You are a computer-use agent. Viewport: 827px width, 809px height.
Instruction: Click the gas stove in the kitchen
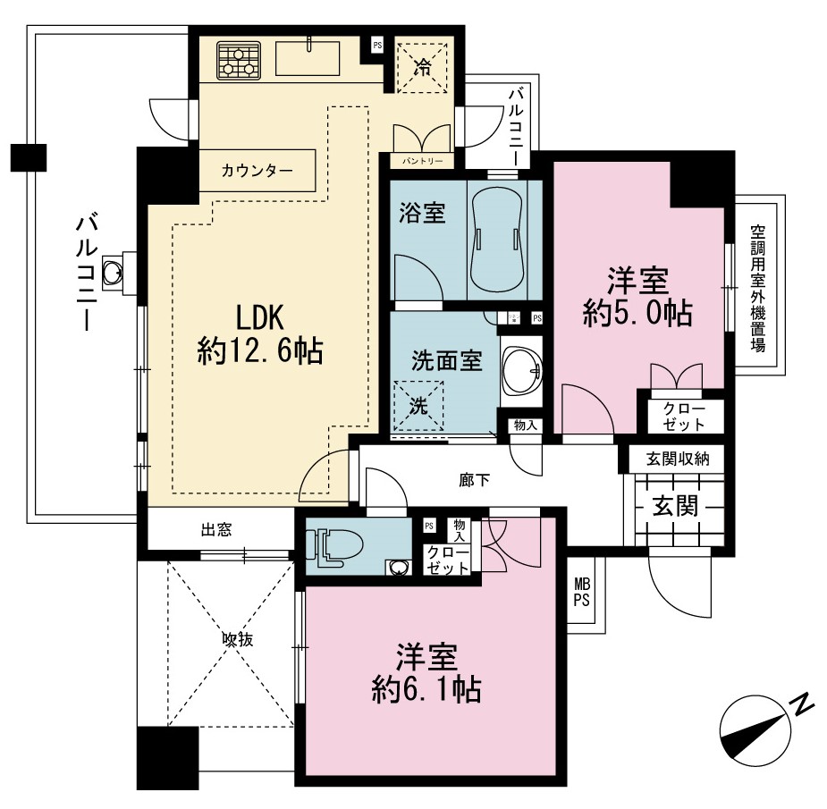pyautogui.click(x=239, y=60)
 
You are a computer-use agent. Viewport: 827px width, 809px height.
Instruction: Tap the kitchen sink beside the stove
pyautogui.click(x=308, y=58)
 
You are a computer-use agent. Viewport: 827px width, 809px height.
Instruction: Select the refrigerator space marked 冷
pyautogui.click(x=422, y=68)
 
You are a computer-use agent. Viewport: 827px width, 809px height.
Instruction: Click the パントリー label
pyautogui.click(x=422, y=160)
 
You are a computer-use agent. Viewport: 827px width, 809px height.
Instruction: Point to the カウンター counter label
pyautogui.click(x=257, y=171)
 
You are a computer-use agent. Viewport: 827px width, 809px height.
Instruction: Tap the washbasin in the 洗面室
pyautogui.click(x=521, y=370)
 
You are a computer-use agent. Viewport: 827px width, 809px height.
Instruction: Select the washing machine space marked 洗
pyautogui.click(x=419, y=406)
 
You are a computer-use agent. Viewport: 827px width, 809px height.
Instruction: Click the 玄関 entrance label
pyautogui.click(x=676, y=506)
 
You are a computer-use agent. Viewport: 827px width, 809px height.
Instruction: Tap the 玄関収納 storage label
pyautogui.click(x=678, y=459)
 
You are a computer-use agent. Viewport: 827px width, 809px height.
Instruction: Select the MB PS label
pyautogui.click(x=582, y=593)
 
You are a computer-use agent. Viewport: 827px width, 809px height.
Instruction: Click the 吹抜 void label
pyautogui.click(x=237, y=639)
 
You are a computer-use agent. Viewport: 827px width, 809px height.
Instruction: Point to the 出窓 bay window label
pyautogui.click(x=216, y=529)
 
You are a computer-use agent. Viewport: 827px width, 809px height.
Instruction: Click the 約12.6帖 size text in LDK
pyautogui.click(x=259, y=350)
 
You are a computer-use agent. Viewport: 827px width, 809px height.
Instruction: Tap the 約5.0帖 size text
pyautogui.click(x=637, y=313)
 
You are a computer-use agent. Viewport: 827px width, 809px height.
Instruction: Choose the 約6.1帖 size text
pyautogui.click(x=426, y=688)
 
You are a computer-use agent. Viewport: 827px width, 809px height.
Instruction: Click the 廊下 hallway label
pyautogui.click(x=474, y=480)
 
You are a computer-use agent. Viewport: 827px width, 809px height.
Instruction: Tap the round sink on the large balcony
pyautogui.click(x=112, y=272)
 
